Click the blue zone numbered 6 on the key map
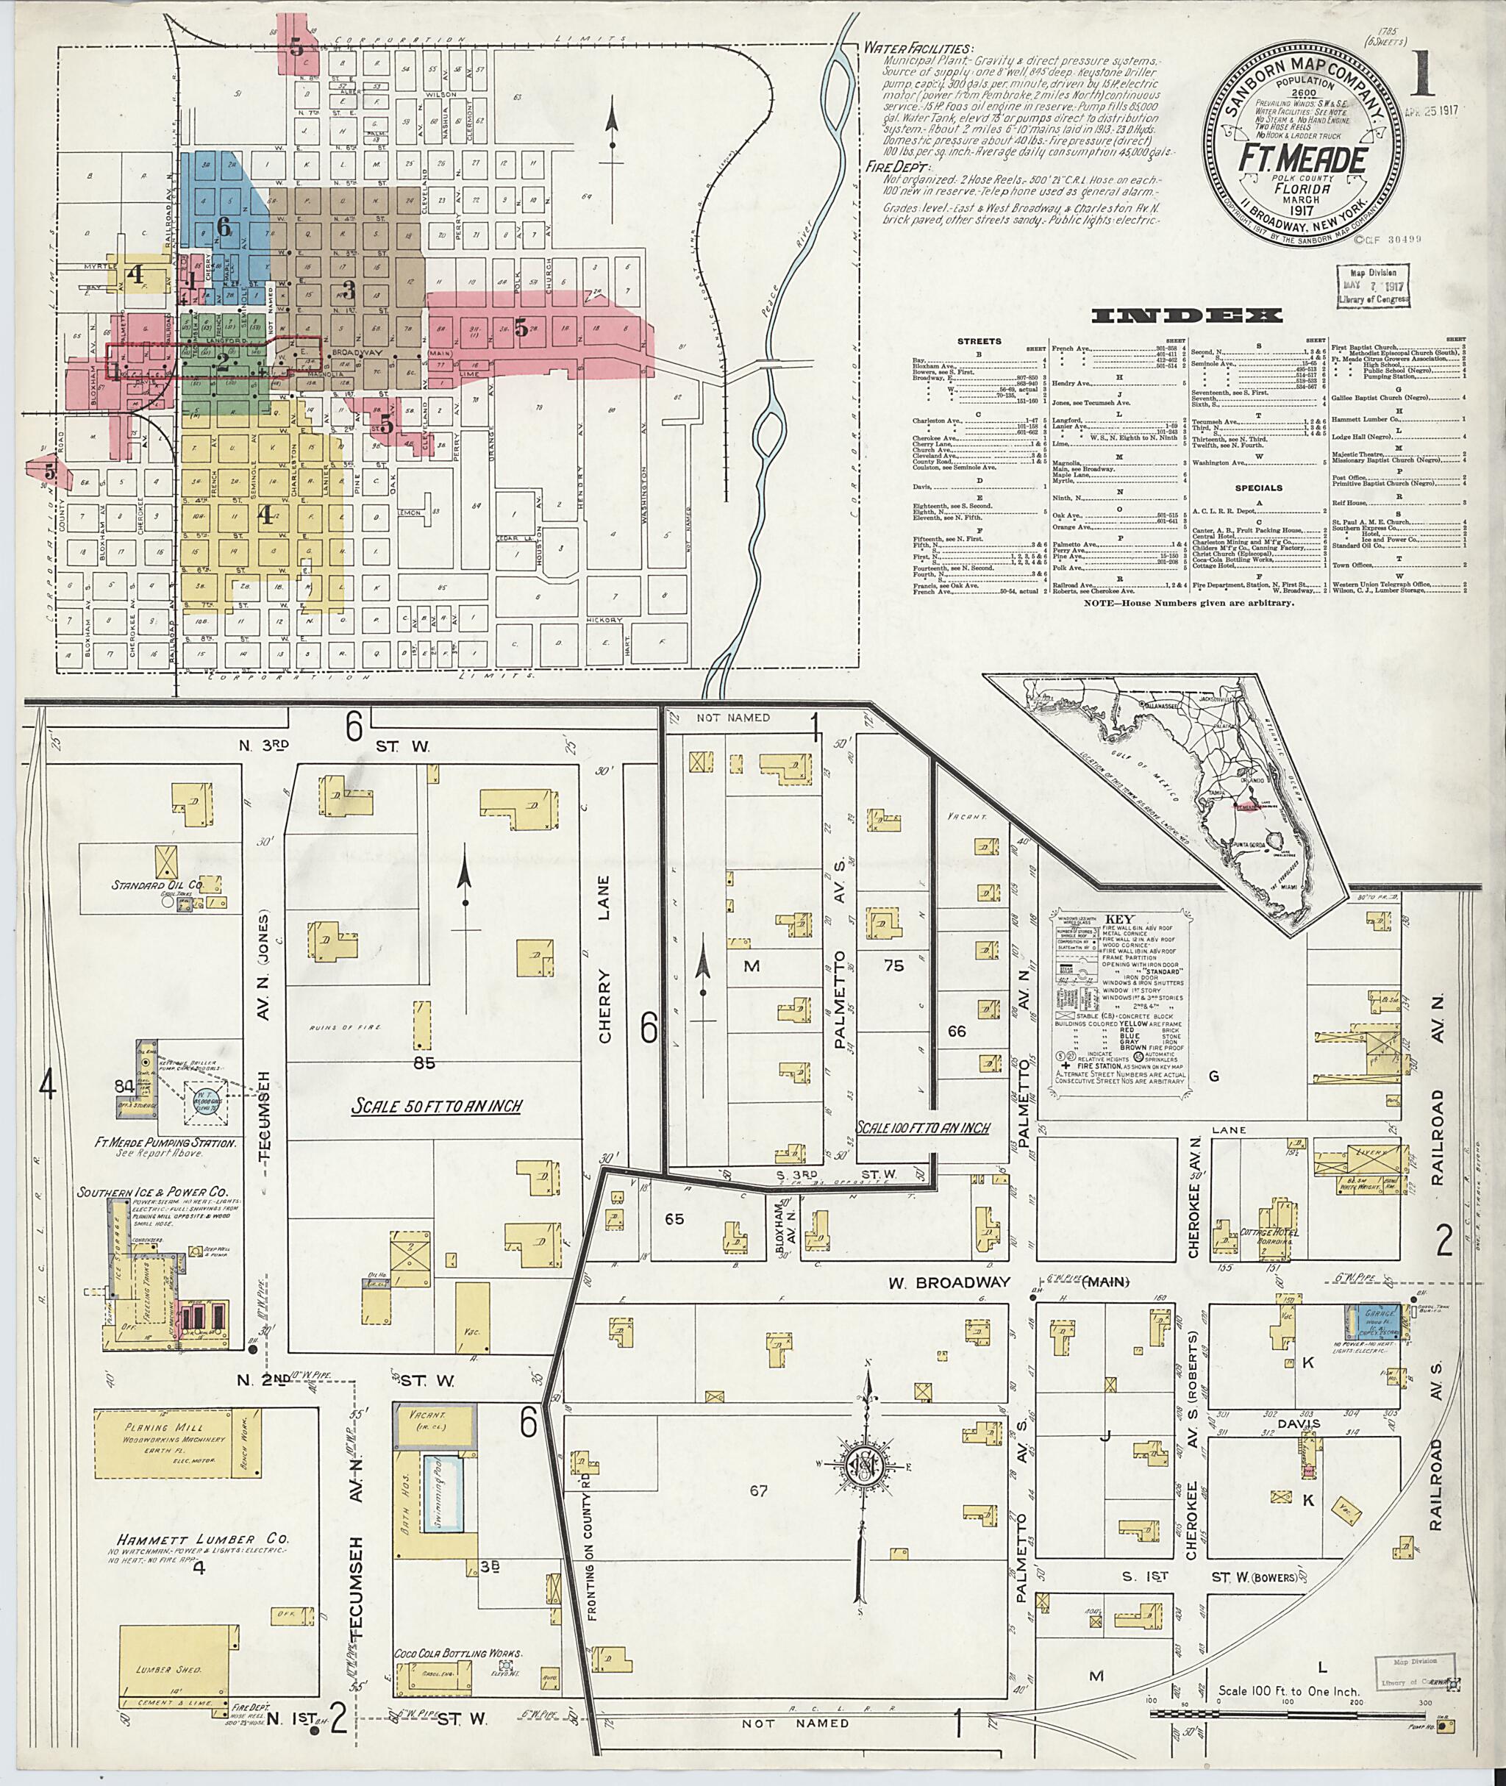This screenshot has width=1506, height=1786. point(224,226)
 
